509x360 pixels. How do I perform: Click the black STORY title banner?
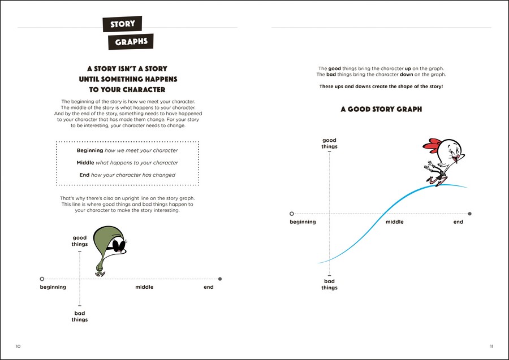point(122,24)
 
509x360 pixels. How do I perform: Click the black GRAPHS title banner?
point(131,42)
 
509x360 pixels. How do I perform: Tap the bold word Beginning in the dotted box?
point(90,150)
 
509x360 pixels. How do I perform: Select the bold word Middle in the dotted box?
point(85,163)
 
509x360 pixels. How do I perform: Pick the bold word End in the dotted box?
point(84,175)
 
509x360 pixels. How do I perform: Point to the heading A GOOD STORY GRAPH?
point(381,110)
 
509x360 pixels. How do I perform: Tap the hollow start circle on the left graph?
point(42,279)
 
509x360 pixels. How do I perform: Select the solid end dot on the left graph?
point(220,279)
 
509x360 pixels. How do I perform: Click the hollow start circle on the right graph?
point(291,214)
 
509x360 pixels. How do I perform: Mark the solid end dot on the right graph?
point(470,214)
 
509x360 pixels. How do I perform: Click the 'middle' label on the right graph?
point(395,222)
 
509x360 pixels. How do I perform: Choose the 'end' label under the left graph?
point(209,287)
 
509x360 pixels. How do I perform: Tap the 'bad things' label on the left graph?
point(80,316)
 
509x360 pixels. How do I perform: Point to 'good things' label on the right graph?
point(329,144)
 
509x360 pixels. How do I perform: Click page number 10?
point(18,346)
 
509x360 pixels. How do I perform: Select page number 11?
point(490,346)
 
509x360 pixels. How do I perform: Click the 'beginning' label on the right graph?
point(303,222)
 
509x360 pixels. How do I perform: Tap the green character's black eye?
point(117,245)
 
